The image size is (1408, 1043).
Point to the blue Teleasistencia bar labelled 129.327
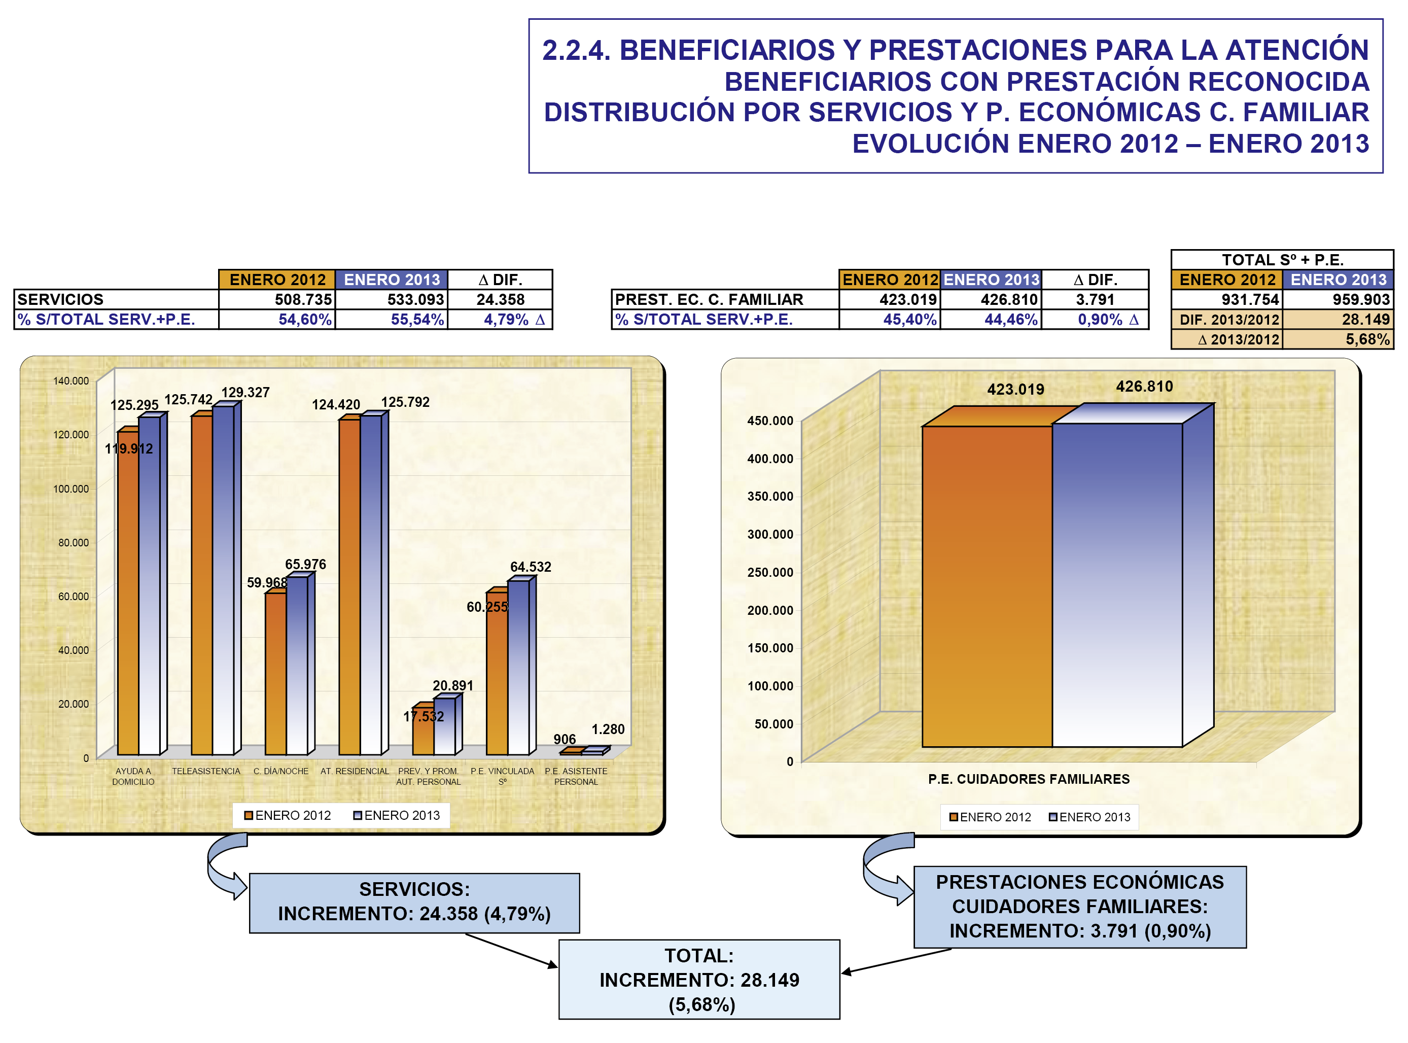pos(223,581)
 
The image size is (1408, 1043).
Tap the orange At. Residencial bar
pos(349,587)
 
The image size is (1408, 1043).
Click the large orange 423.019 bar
pos(987,587)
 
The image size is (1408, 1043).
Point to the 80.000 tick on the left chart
pos(73,542)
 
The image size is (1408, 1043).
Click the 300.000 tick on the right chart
pos(770,534)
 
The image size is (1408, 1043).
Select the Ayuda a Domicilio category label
pos(133,776)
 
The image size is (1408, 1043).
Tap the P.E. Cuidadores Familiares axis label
pos(1028,779)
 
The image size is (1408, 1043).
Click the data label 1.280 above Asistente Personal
pos(608,729)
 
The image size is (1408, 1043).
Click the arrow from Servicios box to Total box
pos(511,950)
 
